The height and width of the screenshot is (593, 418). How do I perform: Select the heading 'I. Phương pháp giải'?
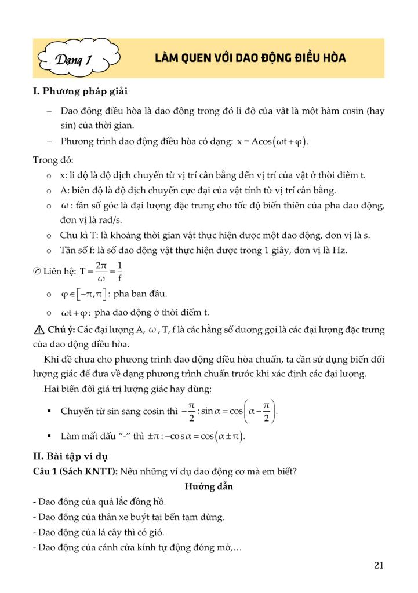[x=81, y=92]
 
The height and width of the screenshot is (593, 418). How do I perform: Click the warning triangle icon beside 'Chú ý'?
[x=39, y=331]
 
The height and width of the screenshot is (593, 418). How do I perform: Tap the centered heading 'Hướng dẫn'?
[x=209, y=486]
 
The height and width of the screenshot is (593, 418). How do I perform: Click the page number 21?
[x=379, y=566]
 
